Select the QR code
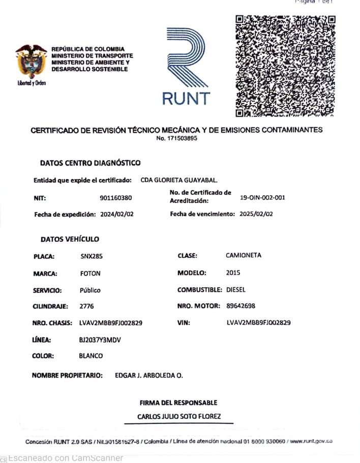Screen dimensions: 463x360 285,66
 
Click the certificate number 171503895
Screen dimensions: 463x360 177,138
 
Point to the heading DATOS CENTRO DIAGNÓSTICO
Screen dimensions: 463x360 90,163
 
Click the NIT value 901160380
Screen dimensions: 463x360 116,198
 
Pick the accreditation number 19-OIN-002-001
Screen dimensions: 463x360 262,198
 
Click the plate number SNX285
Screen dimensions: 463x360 92,256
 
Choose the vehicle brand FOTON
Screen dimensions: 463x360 91,273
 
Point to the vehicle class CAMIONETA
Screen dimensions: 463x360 244,256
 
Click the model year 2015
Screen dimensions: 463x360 233,273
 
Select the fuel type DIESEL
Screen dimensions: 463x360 235,290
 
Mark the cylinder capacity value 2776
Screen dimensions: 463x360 87,306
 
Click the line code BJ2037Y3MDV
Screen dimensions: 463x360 100,339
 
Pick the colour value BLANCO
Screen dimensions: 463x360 91,356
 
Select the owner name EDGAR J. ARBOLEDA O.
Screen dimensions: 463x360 149,376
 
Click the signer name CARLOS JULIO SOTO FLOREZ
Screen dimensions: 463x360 179,417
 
